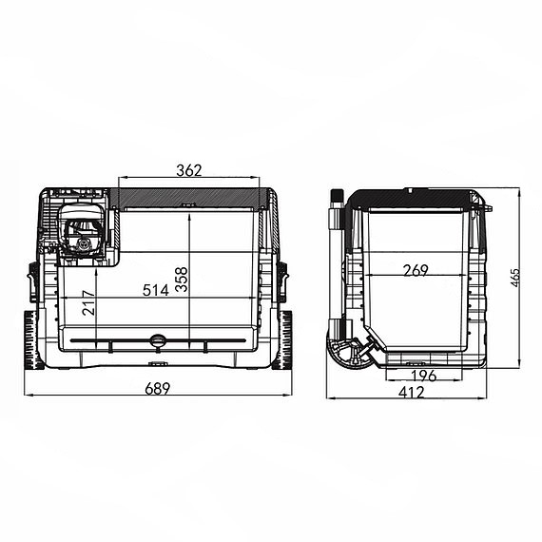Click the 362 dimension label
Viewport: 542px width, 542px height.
tap(188, 170)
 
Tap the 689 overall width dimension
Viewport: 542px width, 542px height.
tap(158, 389)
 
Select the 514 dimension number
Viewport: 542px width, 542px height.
tap(156, 290)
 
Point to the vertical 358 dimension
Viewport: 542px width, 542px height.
tap(182, 280)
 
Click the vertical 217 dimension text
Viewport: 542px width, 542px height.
tap(88, 302)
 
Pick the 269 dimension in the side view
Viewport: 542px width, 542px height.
tap(416, 270)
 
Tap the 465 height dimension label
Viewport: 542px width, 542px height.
tap(515, 278)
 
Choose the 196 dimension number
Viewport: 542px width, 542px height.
tap(424, 376)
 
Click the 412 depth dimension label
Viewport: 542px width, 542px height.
tap(412, 393)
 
